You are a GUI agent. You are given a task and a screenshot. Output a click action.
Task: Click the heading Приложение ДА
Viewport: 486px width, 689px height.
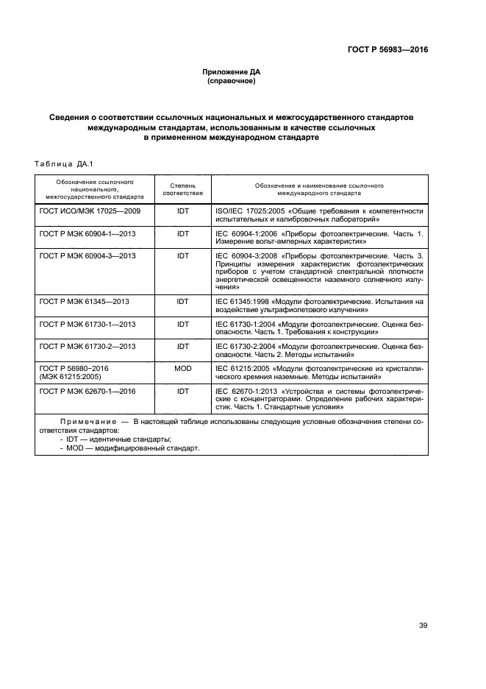tap(232, 71)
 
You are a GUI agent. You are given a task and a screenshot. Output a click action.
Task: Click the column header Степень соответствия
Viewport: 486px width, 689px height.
tap(182, 190)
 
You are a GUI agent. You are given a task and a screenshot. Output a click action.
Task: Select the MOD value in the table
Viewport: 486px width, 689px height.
tap(182, 368)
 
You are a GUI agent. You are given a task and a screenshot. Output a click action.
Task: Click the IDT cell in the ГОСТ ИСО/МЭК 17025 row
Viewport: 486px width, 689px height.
tap(182, 211)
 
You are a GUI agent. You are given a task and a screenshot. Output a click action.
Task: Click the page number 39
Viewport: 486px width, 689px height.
tap(423, 626)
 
